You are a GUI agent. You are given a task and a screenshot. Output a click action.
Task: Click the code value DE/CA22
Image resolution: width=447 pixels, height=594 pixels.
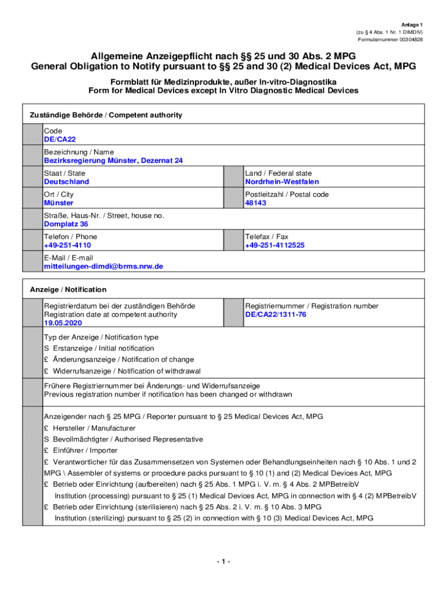60,140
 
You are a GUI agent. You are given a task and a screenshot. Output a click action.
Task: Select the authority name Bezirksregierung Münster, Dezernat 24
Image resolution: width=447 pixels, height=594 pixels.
113,161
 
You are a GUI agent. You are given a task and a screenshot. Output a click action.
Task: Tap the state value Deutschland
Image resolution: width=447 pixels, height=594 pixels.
66,182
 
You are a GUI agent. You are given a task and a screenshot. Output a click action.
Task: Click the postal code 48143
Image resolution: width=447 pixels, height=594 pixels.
255,203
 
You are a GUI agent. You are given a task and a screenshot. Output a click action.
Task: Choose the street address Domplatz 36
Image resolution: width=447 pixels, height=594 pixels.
66,224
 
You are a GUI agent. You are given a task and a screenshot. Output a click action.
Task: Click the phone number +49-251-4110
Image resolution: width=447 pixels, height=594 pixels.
67,245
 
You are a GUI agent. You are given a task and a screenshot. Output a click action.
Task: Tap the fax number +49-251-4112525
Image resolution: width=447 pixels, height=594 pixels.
275,245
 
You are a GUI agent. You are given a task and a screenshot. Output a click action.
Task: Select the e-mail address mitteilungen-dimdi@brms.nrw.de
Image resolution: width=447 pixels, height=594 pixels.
103,266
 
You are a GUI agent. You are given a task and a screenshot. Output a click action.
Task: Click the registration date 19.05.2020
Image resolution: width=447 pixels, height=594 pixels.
63,323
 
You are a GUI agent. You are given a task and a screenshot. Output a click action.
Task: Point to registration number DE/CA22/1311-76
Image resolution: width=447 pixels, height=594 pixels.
276,314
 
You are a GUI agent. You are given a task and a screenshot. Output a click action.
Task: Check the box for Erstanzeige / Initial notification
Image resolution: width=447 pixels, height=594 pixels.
46,349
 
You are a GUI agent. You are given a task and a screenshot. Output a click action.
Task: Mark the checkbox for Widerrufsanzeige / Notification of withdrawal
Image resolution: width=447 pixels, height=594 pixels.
46,371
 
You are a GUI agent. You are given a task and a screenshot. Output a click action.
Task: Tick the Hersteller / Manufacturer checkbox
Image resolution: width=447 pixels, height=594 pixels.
46,428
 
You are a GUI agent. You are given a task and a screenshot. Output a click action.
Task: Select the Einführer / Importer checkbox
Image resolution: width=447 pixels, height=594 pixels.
46,451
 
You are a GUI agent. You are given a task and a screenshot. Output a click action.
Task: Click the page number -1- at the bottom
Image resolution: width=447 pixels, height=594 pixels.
223,562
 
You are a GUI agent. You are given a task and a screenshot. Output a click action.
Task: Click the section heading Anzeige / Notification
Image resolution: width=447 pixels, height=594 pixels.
68,289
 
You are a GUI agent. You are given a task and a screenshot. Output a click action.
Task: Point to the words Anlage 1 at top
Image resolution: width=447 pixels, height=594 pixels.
412,24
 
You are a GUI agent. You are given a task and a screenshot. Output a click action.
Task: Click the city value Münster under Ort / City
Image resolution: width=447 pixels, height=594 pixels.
59,203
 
